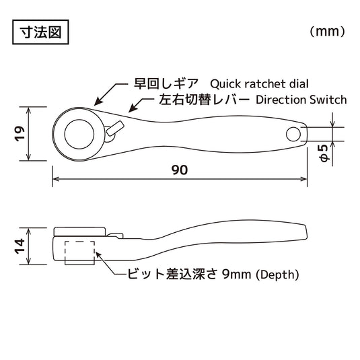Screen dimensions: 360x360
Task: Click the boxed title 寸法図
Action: click(40, 32)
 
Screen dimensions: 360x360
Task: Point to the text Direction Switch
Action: click(301, 100)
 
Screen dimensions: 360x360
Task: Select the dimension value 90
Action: click(179, 170)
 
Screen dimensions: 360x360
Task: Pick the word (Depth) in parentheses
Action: click(277, 275)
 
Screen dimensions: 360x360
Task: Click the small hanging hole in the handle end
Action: click(293, 134)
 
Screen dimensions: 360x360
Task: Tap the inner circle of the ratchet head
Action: click(79, 133)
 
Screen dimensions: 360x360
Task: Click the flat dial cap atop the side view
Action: click(79, 230)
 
